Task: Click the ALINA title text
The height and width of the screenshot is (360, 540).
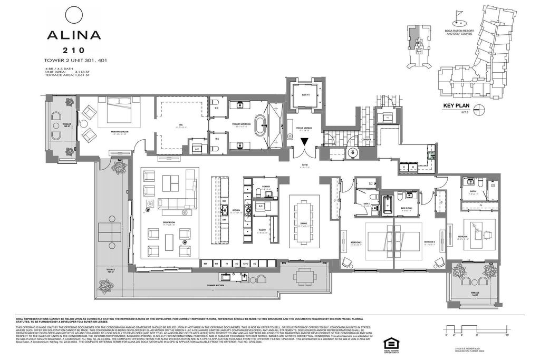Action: (74, 35)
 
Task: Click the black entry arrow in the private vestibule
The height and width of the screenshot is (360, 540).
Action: (304, 142)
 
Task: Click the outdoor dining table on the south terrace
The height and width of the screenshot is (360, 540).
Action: (303, 276)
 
